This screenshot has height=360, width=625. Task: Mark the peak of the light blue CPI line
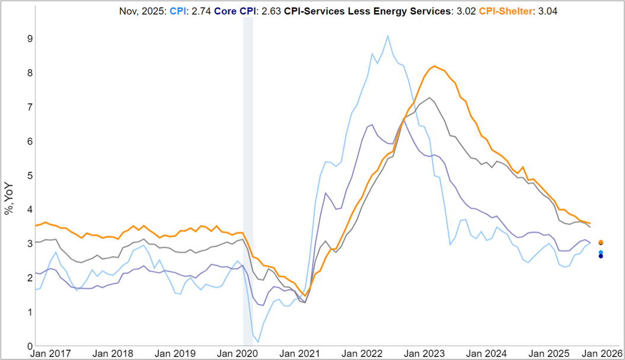tap(388, 36)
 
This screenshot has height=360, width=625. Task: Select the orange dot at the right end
tap(601, 243)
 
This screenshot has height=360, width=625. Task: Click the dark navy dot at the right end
tap(601, 256)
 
